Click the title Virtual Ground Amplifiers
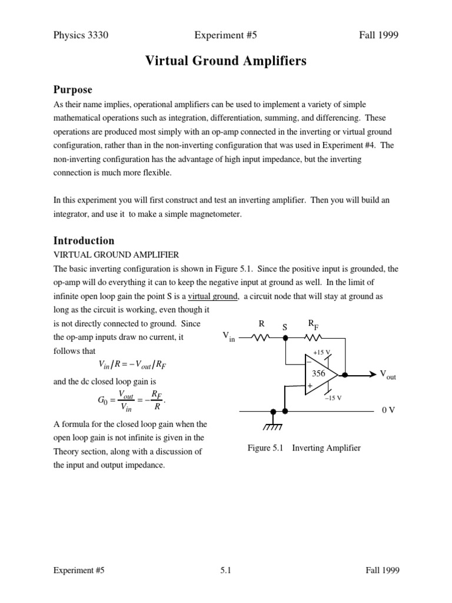coord(226,61)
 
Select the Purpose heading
coord(73,90)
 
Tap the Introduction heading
coord(84,240)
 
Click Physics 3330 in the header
coord(81,35)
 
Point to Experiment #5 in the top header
coord(225,35)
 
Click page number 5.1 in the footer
coord(225,570)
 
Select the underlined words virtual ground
coord(213,296)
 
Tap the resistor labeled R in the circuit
coord(260,338)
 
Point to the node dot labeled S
coord(285,338)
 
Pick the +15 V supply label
coord(321,352)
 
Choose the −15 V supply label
coord(333,398)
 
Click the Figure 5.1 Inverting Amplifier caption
coord(304,448)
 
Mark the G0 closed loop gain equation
coord(131,400)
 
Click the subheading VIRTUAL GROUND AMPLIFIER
coord(116,254)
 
